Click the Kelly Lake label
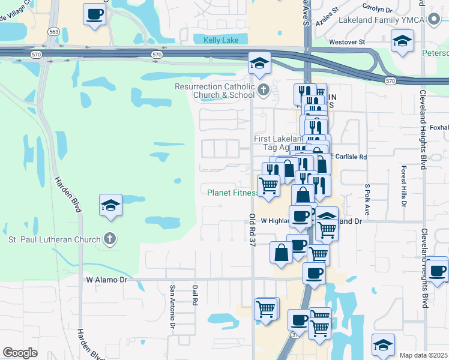point(216,40)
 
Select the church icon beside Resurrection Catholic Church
point(263,91)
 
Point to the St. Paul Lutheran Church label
point(55,240)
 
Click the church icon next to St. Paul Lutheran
point(109,239)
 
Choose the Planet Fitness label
point(231,193)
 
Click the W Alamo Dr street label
point(107,280)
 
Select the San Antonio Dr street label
point(172,306)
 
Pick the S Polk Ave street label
point(366,199)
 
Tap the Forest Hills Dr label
point(404,187)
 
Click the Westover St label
point(348,42)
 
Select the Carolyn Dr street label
point(378,9)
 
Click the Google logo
point(20,352)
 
